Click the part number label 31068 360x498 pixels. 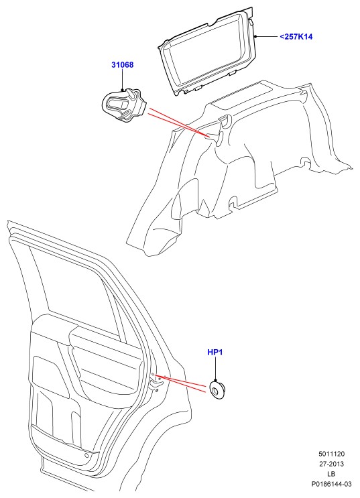[x=122, y=65]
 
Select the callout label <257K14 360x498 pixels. [x=296, y=36]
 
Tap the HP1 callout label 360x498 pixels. [x=215, y=353]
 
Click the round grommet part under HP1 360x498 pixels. [x=218, y=389]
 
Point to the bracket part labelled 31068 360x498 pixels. [x=124, y=105]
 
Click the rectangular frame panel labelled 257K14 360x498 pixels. [x=207, y=51]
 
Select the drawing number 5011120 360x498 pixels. [x=331, y=454]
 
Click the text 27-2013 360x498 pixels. [x=331, y=464]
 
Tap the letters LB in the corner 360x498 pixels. [x=331, y=474]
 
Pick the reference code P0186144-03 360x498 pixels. [x=331, y=485]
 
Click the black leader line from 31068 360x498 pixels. [x=122, y=80]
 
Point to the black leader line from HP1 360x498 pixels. [x=215, y=369]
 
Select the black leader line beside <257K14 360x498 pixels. [x=266, y=36]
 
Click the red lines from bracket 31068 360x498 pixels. [x=178, y=122]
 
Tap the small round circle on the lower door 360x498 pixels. [x=86, y=456]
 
